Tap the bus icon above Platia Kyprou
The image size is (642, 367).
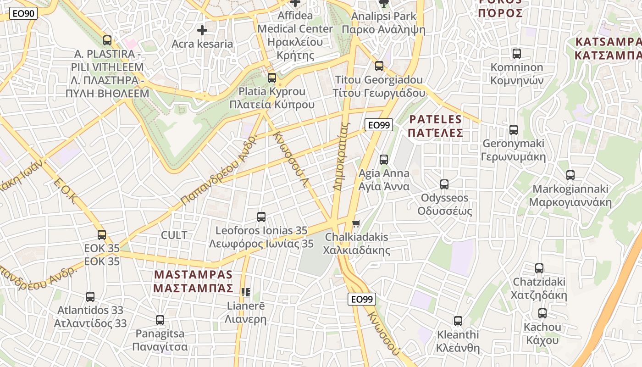(272, 78)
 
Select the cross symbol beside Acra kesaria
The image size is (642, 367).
(202, 31)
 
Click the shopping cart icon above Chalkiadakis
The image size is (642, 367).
(356, 224)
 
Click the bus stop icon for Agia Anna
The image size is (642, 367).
(384, 160)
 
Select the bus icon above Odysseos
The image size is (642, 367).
(444, 184)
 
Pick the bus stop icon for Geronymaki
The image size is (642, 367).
(514, 130)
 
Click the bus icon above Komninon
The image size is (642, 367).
(517, 54)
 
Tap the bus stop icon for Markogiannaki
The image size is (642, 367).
(570, 175)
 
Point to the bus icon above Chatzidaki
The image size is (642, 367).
(539, 268)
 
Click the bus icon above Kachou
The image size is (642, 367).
(542, 314)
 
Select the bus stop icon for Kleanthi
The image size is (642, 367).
(458, 321)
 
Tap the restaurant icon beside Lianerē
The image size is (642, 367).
(246, 292)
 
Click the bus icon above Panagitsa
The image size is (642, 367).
(160, 320)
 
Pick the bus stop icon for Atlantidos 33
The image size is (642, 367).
(90, 297)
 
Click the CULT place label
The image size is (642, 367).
(174, 235)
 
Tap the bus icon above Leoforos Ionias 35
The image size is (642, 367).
(261, 217)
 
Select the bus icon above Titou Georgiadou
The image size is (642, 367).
(379, 66)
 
